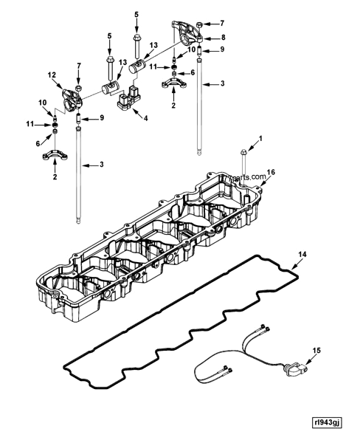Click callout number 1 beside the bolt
tap(259, 139)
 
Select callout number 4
tap(145, 118)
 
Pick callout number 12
tap(51, 75)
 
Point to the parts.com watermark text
tap(229, 178)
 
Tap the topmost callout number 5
tap(136, 14)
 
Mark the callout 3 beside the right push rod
tap(223, 83)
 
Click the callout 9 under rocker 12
tap(102, 118)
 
